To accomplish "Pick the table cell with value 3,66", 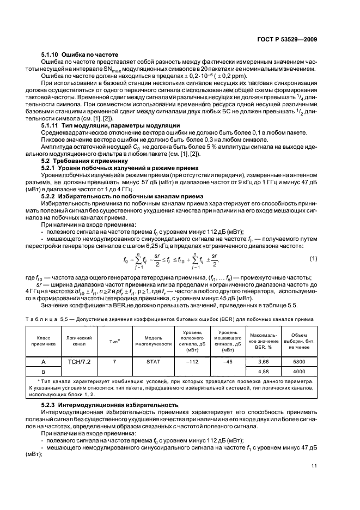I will pyautogui.click(x=264, y=361).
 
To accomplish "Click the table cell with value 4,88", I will pyautogui.click(x=264, y=372).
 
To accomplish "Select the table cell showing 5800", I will pyautogui.click(x=298, y=361).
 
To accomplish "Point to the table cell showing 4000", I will pyautogui.click(x=298, y=372).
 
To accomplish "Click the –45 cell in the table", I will pyautogui.click(x=227, y=361).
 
